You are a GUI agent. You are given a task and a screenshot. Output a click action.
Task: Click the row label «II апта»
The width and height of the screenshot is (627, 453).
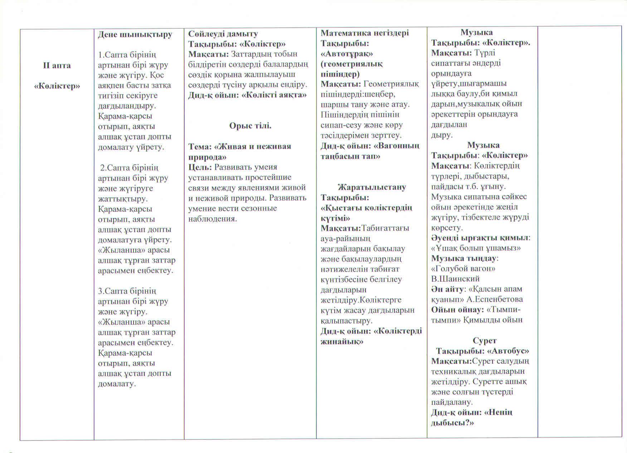[x=57, y=65]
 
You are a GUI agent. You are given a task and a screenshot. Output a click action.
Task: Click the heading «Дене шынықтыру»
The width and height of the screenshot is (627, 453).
[x=135, y=34]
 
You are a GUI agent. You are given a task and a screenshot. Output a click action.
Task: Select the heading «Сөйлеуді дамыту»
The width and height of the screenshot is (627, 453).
[x=223, y=34]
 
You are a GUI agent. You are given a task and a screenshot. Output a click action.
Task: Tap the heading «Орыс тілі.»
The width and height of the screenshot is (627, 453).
[x=250, y=126]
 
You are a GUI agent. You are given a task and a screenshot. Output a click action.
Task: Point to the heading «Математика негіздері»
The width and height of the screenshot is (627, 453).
[x=364, y=33]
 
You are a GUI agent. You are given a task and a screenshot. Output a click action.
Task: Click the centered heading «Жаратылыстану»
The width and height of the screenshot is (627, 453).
[x=372, y=187]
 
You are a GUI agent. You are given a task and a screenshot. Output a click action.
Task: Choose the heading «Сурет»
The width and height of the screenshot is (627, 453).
[x=485, y=340]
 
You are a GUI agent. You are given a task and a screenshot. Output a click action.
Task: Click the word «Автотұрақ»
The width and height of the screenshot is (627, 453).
[x=346, y=54]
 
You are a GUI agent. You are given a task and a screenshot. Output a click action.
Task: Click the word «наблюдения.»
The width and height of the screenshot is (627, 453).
[x=213, y=219]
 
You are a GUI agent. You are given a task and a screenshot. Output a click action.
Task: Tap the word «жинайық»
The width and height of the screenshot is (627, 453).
[x=342, y=341]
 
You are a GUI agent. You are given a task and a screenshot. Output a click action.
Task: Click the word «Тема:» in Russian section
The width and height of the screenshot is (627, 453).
[x=200, y=147]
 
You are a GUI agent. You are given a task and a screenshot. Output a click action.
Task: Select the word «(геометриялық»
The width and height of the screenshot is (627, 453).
[x=351, y=64]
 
